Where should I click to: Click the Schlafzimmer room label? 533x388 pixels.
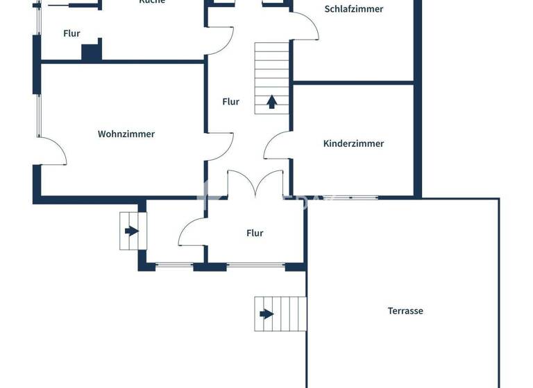click(x=353, y=10)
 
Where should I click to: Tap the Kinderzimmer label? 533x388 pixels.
click(x=353, y=143)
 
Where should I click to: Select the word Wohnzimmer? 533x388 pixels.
click(x=126, y=134)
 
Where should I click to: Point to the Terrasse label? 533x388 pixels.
click(x=405, y=311)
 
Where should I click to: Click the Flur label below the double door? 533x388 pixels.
click(x=255, y=233)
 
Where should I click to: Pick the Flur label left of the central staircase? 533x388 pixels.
click(x=230, y=102)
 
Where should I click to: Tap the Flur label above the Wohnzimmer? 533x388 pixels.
click(x=71, y=33)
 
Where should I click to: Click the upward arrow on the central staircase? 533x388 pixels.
click(x=272, y=103)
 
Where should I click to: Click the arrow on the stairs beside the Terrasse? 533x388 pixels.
click(x=266, y=314)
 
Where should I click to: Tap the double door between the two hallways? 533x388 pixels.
click(x=255, y=184)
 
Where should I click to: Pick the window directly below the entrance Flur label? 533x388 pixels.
click(x=256, y=265)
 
